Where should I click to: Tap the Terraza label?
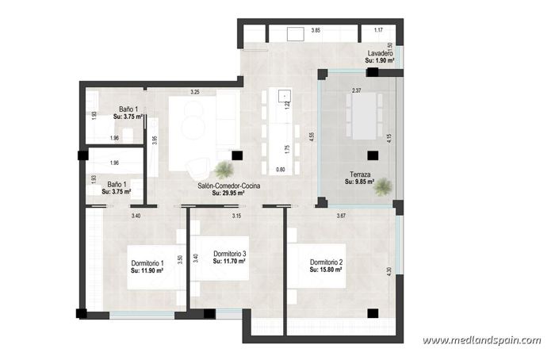pos(358,174)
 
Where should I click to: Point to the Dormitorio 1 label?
pos(147,263)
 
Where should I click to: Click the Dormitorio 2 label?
pos(326,262)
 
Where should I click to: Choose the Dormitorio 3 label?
pos(229,254)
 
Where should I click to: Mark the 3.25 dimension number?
pos(194,92)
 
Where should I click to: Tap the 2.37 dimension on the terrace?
pos(356,90)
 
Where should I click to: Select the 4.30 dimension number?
pos(389,270)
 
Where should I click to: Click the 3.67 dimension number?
pos(341,216)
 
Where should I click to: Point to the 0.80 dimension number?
pos(280,170)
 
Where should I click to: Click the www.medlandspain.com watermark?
pos(481,341)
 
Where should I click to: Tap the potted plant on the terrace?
pos(384,187)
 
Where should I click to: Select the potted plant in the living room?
pos(224,169)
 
